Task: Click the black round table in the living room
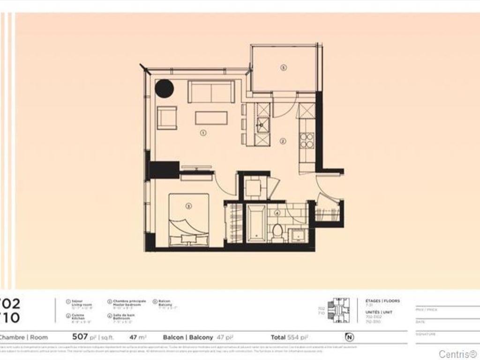165,89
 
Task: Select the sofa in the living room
211,91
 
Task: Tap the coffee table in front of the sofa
211,118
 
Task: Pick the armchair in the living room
167,118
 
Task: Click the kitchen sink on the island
263,125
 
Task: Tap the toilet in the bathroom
277,232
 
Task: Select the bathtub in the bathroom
256,223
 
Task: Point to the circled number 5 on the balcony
283,67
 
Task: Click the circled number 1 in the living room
203,133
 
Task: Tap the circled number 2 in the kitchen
283,141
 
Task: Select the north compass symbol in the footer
349,337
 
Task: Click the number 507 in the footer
80,337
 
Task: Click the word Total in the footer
278,337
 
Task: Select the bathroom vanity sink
297,234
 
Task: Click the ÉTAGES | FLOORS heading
382,301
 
